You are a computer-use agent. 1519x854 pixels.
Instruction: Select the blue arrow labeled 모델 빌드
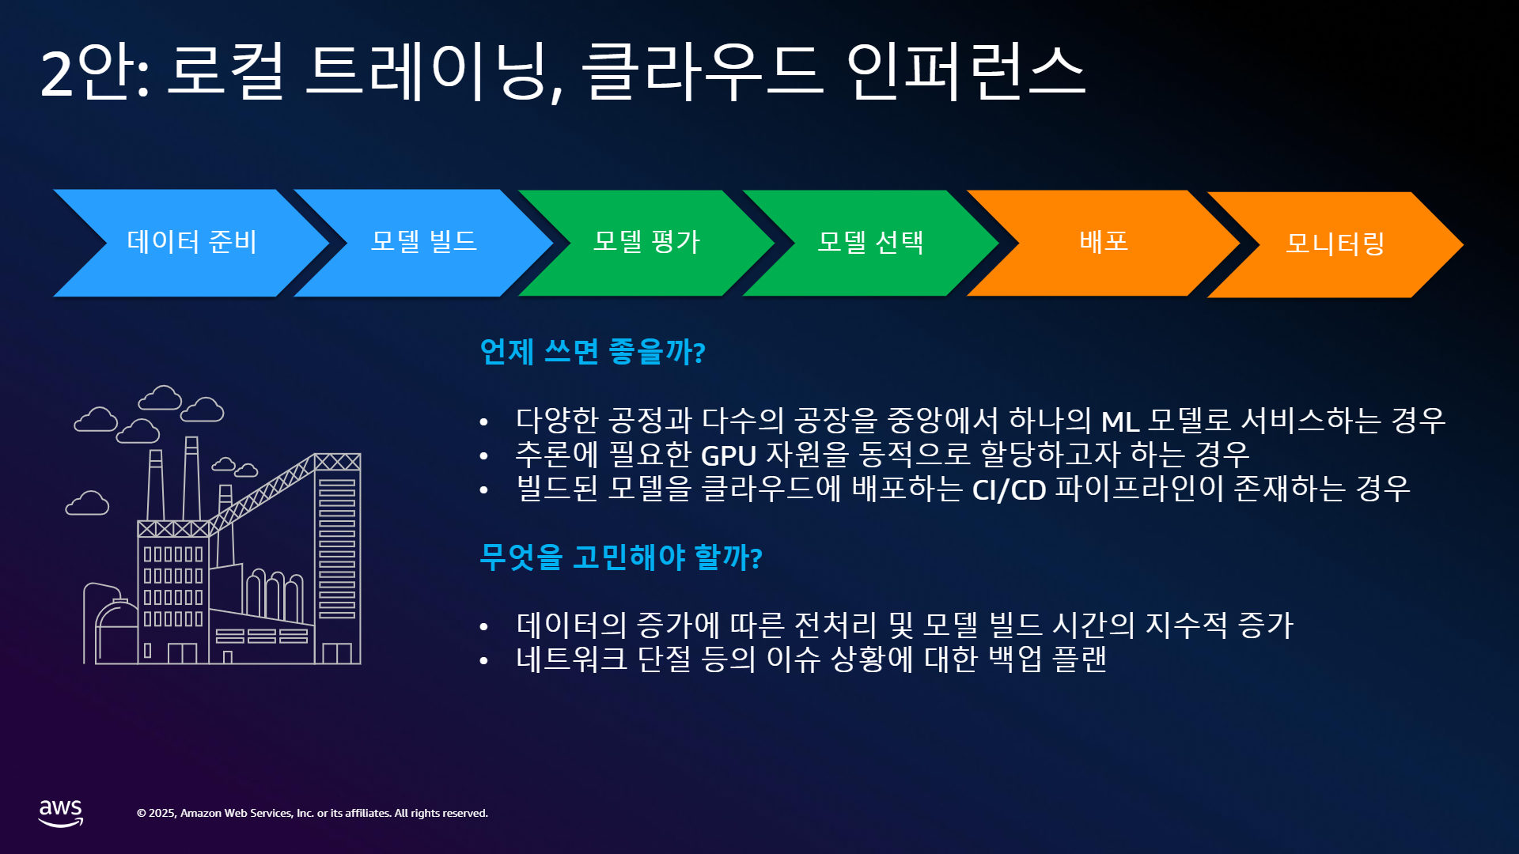(424, 243)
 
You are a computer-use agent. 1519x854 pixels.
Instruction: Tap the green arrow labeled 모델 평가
(647, 243)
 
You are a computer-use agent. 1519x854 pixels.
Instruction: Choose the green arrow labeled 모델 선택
(870, 243)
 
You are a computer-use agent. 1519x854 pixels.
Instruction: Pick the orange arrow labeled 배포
(1104, 243)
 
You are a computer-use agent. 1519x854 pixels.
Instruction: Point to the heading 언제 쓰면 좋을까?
(593, 351)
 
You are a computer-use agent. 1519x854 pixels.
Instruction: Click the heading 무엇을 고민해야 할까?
(621, 557)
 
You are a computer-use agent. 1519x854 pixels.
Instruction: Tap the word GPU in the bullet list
(729, 456)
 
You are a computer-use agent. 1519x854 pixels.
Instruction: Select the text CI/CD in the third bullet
(1009, 490)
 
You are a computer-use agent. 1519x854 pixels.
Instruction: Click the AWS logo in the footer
(61, 813)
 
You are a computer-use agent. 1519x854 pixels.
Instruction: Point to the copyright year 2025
(162, 813)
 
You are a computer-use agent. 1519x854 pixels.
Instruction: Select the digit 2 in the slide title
(56, 74)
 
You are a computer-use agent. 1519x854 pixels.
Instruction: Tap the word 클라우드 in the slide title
(702, 72)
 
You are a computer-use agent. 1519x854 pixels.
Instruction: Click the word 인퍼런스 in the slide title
(966, 72)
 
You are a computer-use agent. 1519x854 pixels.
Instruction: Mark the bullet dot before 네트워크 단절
(483, 661)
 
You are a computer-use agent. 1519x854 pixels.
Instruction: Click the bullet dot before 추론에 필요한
(483, 456)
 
